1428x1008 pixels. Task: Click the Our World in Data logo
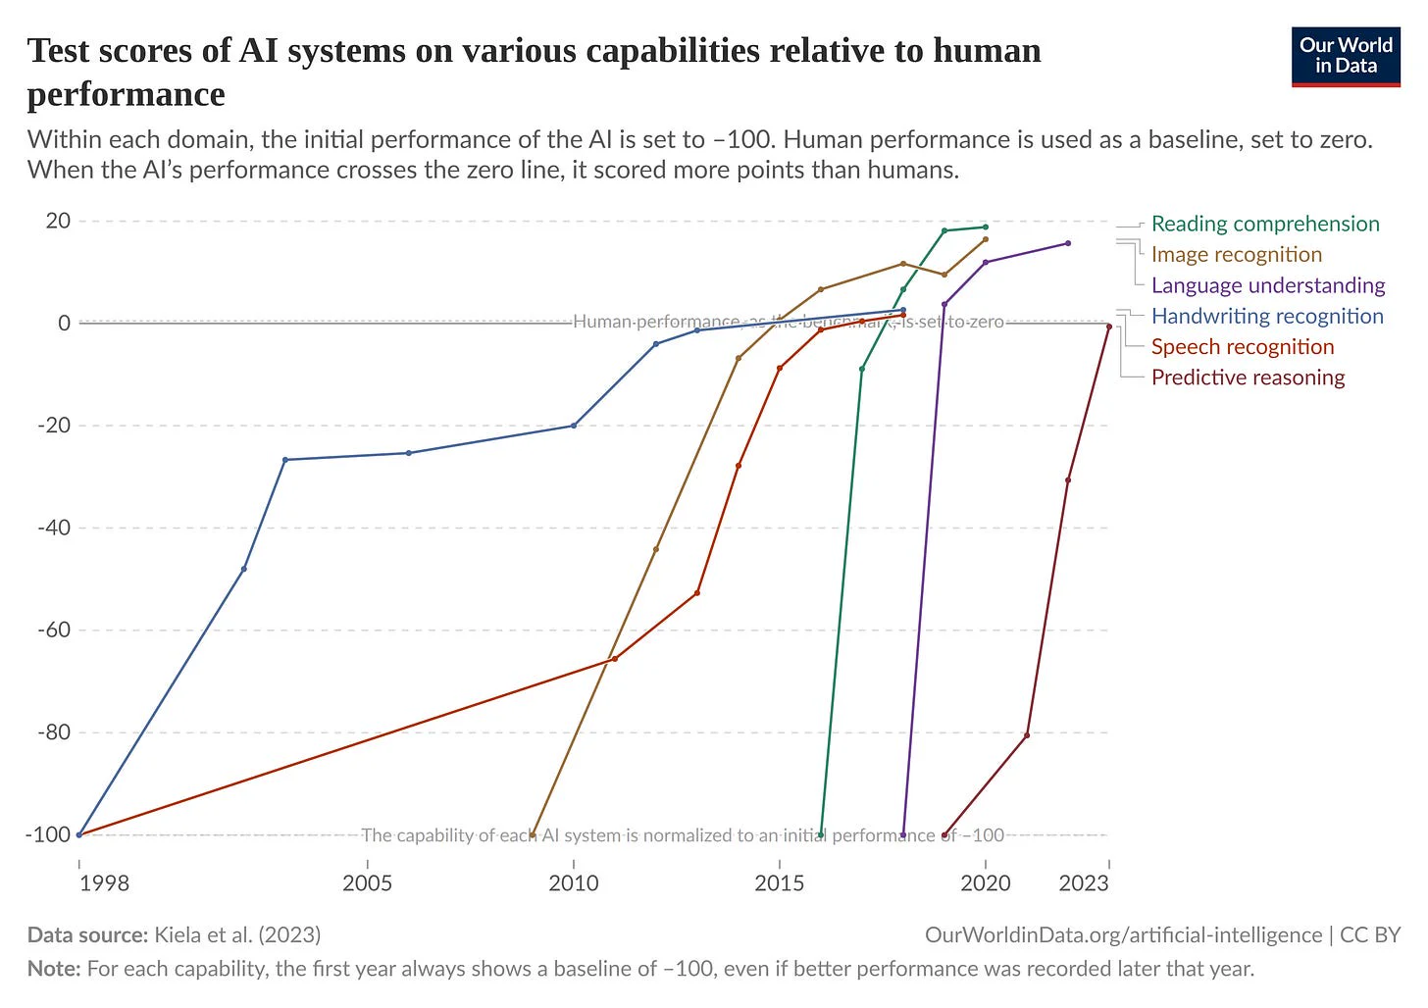click(1345, 57)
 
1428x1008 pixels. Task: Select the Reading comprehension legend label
click(1264, 224)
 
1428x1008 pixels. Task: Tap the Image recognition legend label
click(1236, 255)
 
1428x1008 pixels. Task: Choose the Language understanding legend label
click(1267, 285)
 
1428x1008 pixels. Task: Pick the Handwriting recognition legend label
click(1266, 316)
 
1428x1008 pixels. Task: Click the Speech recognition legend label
click(1242, 347)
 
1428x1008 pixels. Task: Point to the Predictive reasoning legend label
click(1248, 378)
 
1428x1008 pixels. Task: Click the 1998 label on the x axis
click(104, 883)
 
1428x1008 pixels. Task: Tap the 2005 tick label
click(367, 883)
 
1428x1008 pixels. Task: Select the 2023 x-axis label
click(1084, 883)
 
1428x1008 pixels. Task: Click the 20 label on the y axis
click(59, 221)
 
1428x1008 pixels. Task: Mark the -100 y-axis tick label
click(49, 834)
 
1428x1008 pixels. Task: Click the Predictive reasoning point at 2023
click(1108, 327)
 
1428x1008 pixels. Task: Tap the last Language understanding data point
click(1068, 243)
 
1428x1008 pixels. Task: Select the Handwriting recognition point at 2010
click(574, 426)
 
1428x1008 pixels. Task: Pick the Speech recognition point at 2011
click(615, 659)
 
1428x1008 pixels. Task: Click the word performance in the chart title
click(126, 94)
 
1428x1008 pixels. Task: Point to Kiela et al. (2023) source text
click(237, 934)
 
